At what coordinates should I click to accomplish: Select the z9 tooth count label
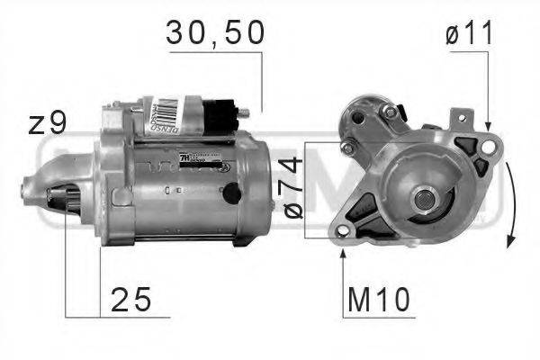point(48,122)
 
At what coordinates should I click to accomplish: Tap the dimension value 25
point(130,297)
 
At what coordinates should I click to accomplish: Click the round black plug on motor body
point(232,192)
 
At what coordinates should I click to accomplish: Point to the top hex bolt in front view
point(389,112)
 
